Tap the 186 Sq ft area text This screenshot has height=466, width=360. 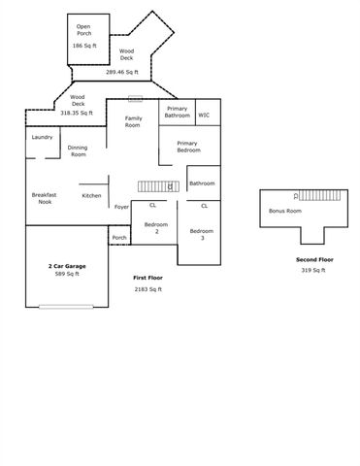point(83,46)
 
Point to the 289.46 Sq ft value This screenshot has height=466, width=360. point(122,72)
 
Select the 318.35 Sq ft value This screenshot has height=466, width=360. point(77,113)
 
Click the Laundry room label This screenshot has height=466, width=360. point(42,137)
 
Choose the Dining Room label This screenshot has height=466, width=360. point(78,150)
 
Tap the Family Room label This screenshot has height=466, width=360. point(133,121)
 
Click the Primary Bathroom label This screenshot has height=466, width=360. point(178,112)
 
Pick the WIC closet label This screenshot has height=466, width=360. point(204,115)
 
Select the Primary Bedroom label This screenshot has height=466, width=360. point(187,147)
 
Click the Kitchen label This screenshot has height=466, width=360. point(91,195)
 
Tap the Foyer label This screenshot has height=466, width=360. point(122,207)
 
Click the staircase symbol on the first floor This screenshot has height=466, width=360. point(154,185)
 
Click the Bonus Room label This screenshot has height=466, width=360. point(284,211)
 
